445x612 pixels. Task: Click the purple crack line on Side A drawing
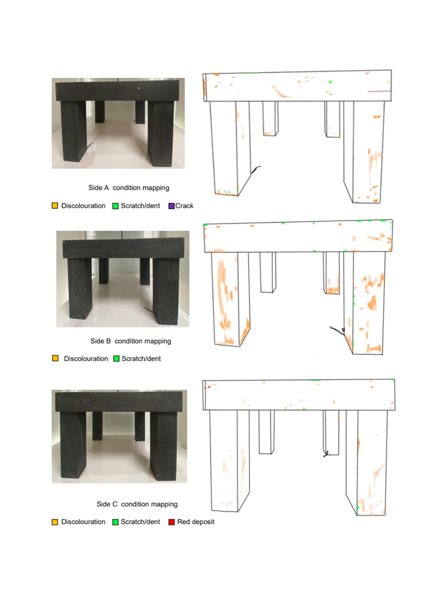point(379,91)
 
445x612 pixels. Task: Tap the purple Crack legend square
point(172,206)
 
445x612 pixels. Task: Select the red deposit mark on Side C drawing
point(209,387)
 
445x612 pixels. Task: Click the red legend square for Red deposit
point(172,522)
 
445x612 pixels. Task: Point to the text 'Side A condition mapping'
point(129,188)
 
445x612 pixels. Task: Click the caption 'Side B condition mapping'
point(130,341)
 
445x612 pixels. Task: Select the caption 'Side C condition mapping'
point(137,504)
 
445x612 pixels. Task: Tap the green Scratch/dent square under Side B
point(116,358)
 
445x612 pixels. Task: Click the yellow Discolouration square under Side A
point(55,206)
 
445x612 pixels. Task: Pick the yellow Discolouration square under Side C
point(55,522)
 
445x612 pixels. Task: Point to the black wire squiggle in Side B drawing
point(338,330)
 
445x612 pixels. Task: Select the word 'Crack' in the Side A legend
point(184,206)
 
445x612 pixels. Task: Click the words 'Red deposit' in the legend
point(196,522)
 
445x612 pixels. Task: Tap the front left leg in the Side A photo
point(73,131)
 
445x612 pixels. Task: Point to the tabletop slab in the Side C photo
point(119,401)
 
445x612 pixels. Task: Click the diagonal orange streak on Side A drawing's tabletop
point(280,91)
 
